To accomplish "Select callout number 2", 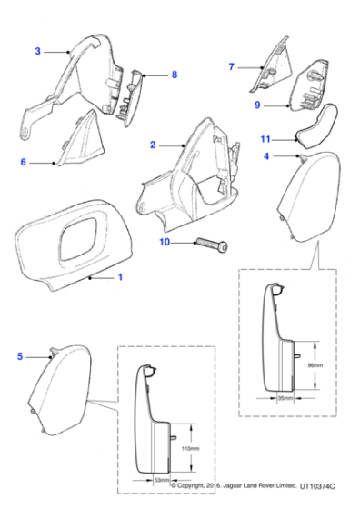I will [x=153, y=145].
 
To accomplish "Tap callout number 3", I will [x=37, y=51].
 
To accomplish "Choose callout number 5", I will [x=21, y=356].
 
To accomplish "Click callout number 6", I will [x=23, y=163].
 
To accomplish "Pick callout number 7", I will [x=231, y=66].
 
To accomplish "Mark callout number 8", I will [x=174, y=75].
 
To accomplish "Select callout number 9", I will [x=257, y=105].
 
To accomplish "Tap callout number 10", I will [x=165, y=242].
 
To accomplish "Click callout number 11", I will [x=265, y=140].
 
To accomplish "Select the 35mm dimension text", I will [x=288, y=399].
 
